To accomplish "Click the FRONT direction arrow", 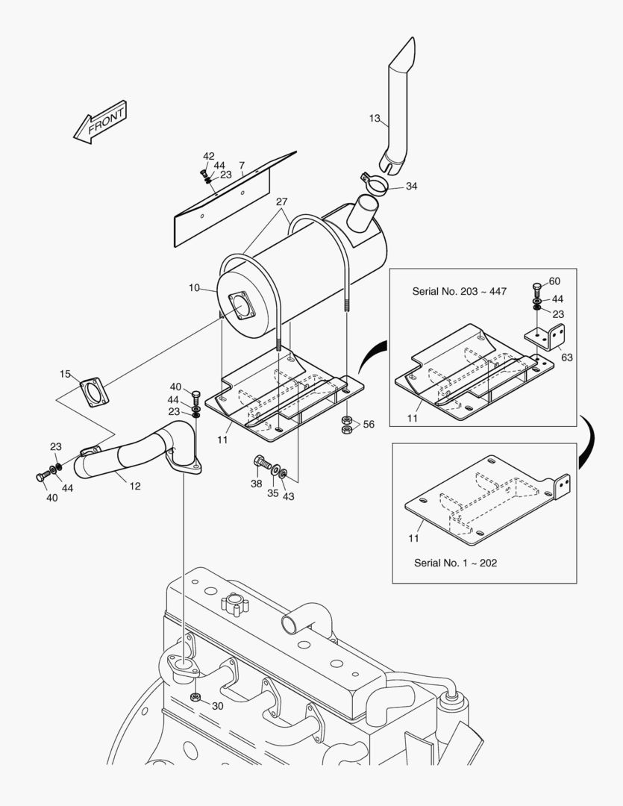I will [101, 122].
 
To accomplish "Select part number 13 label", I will [375, 118].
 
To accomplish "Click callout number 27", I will [281, 202].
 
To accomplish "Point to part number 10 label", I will [194, 287].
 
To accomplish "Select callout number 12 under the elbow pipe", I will [135, 486].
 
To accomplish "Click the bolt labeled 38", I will [260, 466].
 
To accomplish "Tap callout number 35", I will [274, 494].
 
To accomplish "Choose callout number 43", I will [289, 497].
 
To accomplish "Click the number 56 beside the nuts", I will [369, 424].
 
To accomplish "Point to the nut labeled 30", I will [196, 698].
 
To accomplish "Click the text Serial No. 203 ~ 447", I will [459, 291].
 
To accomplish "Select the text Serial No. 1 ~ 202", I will [455, 563].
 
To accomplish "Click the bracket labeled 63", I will [548, 335].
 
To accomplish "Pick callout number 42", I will [208, 156].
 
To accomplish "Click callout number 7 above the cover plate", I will [242, 165].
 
